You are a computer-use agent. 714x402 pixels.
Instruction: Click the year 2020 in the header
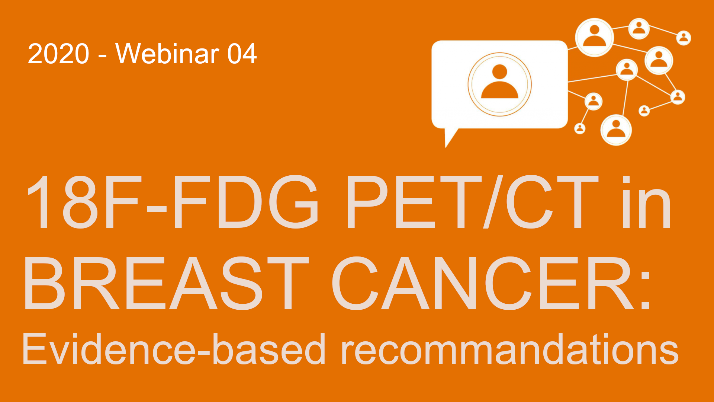coord(58,54)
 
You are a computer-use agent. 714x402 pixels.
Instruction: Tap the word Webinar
coord(167,54)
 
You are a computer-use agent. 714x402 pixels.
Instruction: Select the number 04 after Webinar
coord(242,54)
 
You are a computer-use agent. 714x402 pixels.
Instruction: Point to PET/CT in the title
coord(473,201)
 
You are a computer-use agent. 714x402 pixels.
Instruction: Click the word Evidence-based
coord(174,349)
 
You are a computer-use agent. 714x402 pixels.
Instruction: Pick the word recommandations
coord(509,349)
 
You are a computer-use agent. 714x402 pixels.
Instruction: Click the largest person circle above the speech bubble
coord(594,38)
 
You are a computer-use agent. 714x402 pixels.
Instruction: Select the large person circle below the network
coord(616,130)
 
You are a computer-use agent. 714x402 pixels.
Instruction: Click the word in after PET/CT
coord(647,201)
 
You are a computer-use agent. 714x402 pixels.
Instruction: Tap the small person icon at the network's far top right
coord(684,38)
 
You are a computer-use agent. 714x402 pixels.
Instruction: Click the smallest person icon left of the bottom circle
coord(580,128)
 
